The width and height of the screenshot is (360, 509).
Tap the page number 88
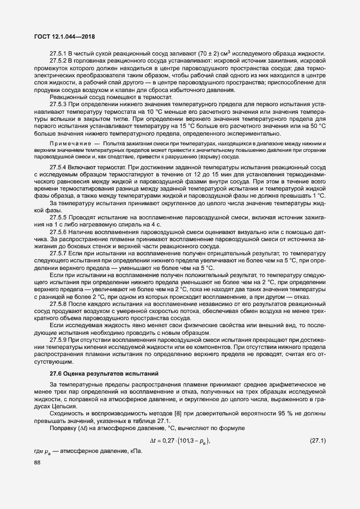click(38, 462)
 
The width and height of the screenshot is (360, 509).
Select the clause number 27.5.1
click(58, 53)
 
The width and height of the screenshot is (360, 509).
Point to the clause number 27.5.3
click(58, 104)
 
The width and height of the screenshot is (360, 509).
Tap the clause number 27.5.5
click(58, 217)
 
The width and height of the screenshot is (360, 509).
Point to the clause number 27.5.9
click(58, 339)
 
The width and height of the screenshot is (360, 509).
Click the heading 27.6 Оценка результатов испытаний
click(103, 373)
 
